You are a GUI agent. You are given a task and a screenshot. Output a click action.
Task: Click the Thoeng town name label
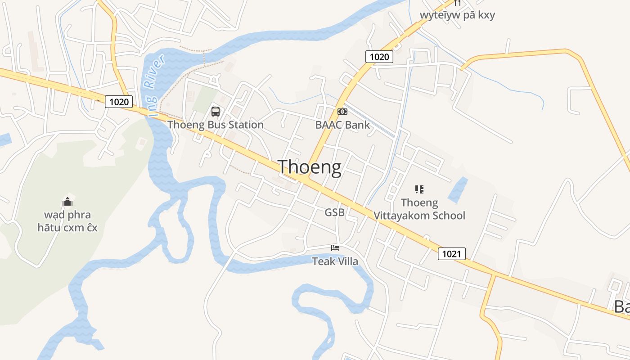point(310,167)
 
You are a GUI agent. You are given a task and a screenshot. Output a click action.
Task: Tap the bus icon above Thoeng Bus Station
point(216,111)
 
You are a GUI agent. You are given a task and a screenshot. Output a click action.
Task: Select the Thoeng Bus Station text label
point(216,125)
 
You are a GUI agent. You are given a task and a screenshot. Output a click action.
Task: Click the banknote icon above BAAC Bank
point(342,112)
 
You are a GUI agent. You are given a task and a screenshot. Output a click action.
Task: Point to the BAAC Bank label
point(342,125)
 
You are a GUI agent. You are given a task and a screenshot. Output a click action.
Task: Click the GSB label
point(334,212)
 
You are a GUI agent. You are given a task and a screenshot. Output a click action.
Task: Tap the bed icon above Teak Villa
point(335,247)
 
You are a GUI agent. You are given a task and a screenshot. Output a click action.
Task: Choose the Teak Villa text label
point(335,261)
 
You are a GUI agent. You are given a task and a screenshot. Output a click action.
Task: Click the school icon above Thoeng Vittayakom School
point(419,189)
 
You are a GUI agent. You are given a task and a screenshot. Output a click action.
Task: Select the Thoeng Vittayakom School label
point(419,209)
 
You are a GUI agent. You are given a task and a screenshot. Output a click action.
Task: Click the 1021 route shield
point(451,254)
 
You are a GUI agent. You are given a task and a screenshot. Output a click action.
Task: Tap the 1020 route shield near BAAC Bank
point(379,57)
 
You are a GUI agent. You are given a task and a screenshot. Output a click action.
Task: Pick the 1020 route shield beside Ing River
point(119,102)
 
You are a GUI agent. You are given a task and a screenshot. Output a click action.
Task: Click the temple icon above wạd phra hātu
point(67,201)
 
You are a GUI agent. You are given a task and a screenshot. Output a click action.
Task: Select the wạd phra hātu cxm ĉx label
point(67,221)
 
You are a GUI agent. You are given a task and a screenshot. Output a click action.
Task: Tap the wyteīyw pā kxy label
point(457,15)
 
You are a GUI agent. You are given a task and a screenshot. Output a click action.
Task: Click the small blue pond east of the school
point(458,189)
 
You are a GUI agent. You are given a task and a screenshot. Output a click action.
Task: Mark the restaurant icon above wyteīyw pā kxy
point(458,3)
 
